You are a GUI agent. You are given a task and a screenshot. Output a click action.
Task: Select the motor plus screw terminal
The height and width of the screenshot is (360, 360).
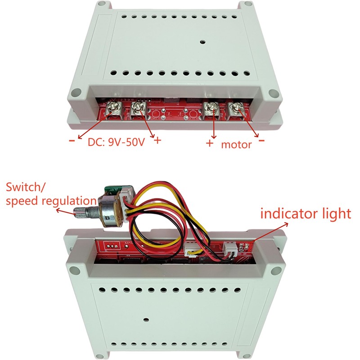210,108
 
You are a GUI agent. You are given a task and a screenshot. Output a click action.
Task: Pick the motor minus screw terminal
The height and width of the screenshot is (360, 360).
234,108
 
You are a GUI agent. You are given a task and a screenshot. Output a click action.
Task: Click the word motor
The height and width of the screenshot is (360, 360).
236,145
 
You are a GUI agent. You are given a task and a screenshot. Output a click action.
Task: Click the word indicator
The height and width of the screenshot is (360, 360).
288,213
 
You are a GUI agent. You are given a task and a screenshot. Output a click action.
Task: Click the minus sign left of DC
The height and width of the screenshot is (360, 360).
72,140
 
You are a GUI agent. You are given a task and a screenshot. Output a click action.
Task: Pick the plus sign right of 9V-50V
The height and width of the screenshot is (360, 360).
157,140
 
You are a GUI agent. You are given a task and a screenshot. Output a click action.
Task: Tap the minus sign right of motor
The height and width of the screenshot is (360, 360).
262,141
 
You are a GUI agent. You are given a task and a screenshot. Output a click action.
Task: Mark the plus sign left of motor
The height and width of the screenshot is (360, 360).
209,144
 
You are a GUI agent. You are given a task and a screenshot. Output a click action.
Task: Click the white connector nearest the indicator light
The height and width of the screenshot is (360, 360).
229,248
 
